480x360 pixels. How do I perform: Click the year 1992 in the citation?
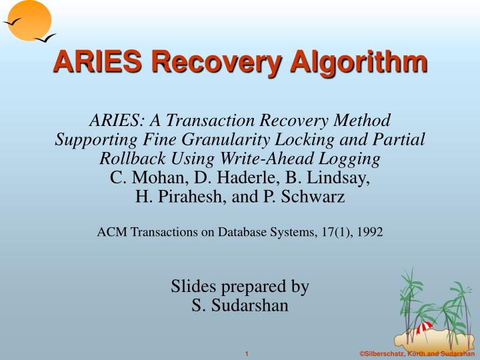369,232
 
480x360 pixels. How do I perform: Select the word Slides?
193,287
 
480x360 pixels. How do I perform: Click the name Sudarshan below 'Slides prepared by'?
250,306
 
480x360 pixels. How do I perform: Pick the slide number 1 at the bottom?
246,353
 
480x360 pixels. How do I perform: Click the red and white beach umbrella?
424,327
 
